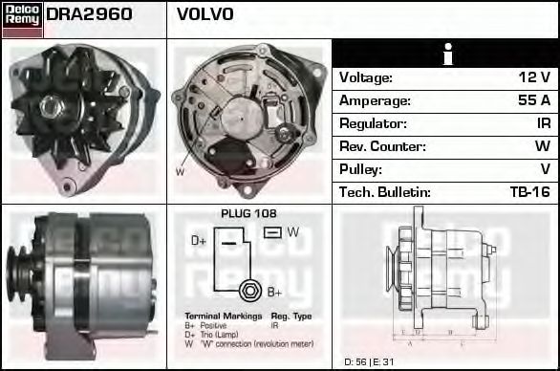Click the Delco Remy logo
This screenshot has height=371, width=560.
coord(22,18)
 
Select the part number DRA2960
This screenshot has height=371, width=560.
coord(89,15)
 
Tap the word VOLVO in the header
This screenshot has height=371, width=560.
coord(205,15)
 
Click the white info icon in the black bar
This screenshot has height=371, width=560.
coord(446,55)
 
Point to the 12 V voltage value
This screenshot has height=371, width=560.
coord(534,77)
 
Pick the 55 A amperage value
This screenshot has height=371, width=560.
coord(533,100)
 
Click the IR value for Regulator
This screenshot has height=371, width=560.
coord(543,123)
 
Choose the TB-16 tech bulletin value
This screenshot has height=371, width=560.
coord(529,192)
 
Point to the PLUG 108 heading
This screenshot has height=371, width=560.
coord(248,213)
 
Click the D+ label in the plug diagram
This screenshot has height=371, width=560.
coord(199,241)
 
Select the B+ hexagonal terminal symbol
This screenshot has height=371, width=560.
coord(249,290)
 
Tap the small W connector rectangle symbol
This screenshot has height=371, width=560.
coord(271,232)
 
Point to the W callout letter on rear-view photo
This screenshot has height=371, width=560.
coord(180,172)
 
